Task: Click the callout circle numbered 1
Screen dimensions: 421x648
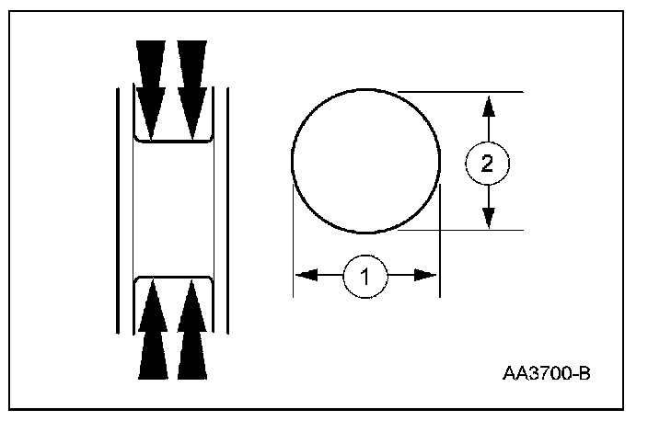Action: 365,275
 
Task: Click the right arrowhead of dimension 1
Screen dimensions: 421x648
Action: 428,275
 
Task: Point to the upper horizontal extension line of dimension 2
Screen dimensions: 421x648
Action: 460,91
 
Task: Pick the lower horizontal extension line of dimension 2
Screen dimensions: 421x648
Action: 460,230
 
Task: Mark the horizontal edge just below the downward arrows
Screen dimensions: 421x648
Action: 172,141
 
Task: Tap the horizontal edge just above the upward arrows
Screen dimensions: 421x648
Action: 172,274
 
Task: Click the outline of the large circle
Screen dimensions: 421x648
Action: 293,161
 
